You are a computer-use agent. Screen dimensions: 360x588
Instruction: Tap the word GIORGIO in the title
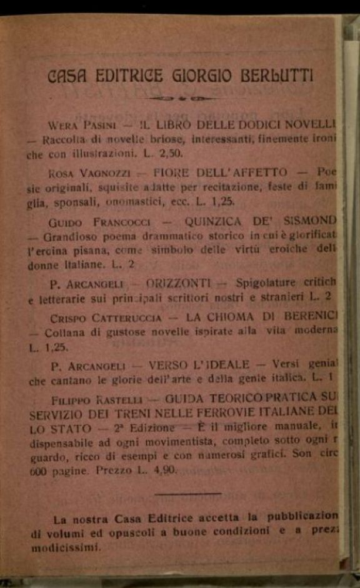click(x=199, y=76)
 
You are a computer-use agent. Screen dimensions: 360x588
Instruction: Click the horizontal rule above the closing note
click(x=187, y=494)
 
